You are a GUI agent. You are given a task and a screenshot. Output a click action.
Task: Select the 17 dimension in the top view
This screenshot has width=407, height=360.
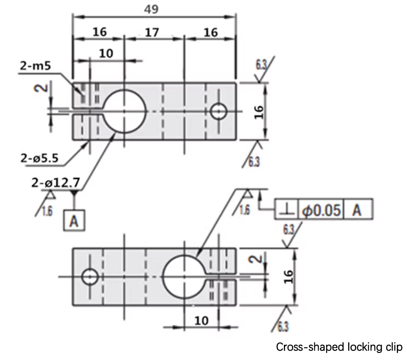pyautogui.click(x=153, y=32)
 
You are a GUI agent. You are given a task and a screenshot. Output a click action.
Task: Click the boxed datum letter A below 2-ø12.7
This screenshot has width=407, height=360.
pyautogui.click(x=74, y=220)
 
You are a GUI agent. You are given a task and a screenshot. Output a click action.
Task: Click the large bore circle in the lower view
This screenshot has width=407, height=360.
pyautogui.click(x=185, y=277)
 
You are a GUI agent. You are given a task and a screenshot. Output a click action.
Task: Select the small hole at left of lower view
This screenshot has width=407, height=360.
pyautogui.click(x=90, y=277)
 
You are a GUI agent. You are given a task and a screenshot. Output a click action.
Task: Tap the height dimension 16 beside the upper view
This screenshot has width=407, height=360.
pyautogui.click(x=259, y=111)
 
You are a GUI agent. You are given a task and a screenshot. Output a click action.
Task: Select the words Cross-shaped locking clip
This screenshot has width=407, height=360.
pyautogui.click(x=339, y=347)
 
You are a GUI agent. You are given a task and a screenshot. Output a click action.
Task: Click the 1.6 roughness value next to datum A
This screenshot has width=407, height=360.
pyautogui.click(x=47, y=211)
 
